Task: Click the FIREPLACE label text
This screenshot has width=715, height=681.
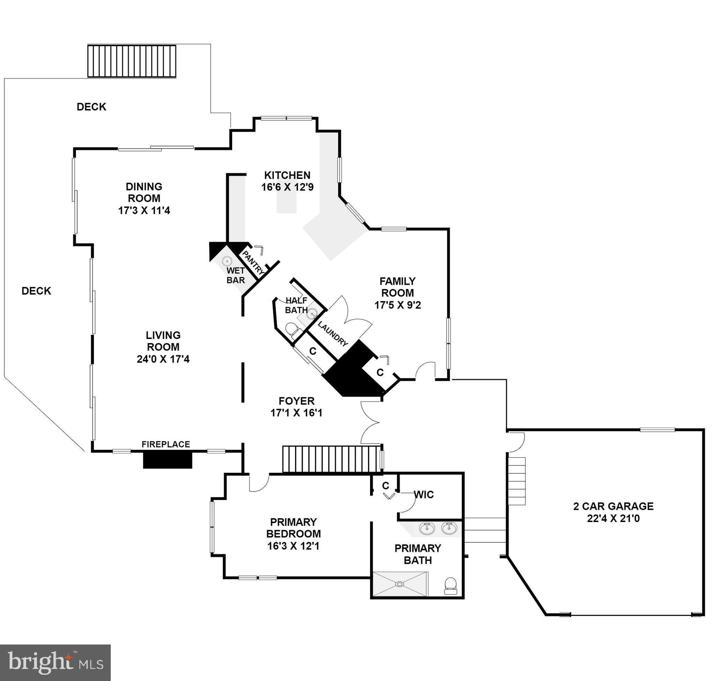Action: (165, 444)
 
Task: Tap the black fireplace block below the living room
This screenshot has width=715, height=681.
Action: (167, 460)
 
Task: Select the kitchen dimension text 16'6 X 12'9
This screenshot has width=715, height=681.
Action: (287, 187)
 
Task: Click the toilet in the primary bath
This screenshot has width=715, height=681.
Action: (450, 585)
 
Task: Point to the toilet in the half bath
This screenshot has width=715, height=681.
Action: (292, 329)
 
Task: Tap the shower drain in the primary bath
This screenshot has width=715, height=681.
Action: (399, 584)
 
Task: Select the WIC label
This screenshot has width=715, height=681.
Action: (424, 495)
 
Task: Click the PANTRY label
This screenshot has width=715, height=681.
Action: (253, 262)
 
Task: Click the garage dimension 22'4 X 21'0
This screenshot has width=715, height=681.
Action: (613, 519)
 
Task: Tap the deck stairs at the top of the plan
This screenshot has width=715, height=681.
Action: (132, 61)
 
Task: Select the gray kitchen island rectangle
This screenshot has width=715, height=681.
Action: (286, 202)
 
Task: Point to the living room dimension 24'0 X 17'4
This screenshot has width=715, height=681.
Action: (163, 359)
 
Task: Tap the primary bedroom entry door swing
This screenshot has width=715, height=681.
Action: (259, 483)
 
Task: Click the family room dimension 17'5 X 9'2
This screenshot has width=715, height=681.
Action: (398, 305)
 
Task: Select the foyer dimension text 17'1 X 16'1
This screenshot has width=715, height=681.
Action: (296, 413)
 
